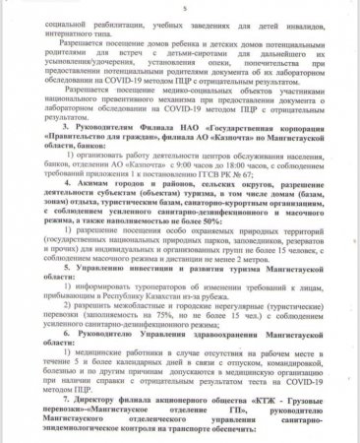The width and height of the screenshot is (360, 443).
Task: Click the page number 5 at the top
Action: [x=182, y=5]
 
